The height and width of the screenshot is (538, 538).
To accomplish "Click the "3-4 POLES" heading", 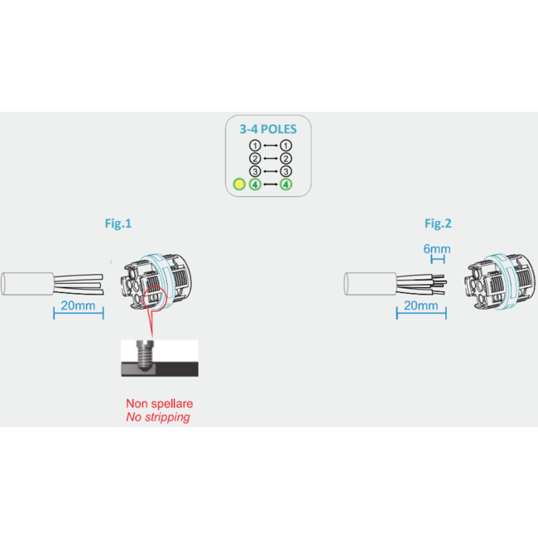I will click(268, 129).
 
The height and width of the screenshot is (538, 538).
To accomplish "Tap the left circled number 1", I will click(255, 145).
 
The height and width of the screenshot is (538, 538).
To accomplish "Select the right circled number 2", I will click(286, 158).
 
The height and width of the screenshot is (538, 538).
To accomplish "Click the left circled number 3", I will click(255, 171).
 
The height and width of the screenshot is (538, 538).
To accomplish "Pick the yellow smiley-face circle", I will click(238, 185).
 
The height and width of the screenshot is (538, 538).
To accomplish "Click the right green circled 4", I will click(286, 185).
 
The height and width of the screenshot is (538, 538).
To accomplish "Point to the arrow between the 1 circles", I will click(270, 145).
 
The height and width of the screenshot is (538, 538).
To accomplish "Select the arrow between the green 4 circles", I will click(270, 185).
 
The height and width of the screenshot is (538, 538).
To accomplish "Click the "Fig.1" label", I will click(117, 223).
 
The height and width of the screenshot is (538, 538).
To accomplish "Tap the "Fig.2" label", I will click(437, 223).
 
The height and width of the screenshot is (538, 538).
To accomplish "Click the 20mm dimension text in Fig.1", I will click(79, 306).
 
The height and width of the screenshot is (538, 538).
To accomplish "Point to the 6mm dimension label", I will click(436, 248).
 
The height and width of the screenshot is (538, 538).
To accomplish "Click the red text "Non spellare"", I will click(159, 403).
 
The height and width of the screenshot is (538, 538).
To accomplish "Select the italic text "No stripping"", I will click(158, 417).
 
